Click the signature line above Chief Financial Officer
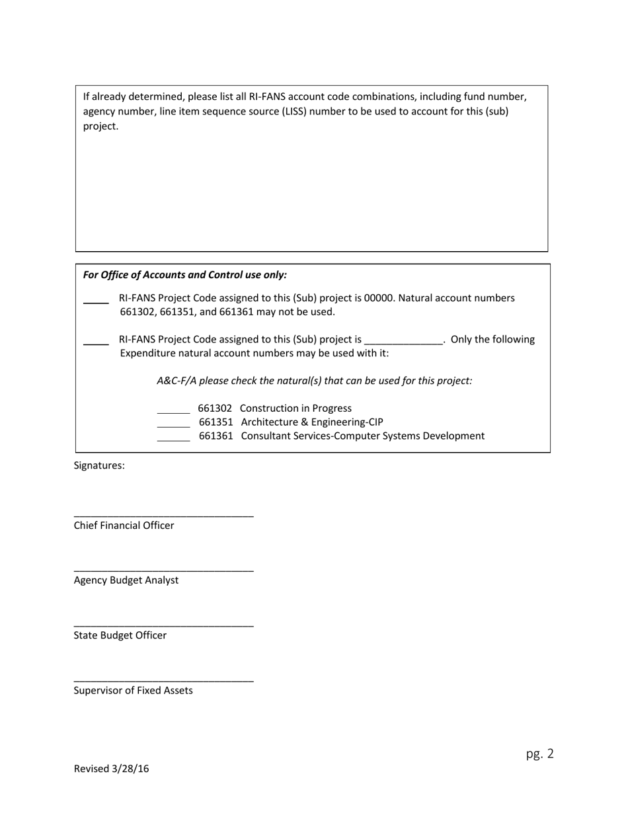[163, 516]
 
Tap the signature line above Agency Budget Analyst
[163, 570]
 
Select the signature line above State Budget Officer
[163, 625]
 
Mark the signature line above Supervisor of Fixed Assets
[163, 681]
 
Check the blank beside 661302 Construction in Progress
[173, 412]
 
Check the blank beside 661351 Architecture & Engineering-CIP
[173, 426]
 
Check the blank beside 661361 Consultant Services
[173, 440]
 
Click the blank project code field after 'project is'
[403, 341]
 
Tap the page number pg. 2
[539, 754]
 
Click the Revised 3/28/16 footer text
[111, 768]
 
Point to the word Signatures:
[99, 465]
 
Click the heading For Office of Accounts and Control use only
[185, 275]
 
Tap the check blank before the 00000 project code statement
[96, 302]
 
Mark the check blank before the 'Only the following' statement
[96, 344]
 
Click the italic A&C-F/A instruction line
[314, 381]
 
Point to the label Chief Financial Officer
[124, 525]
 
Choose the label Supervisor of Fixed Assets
[133, 690]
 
